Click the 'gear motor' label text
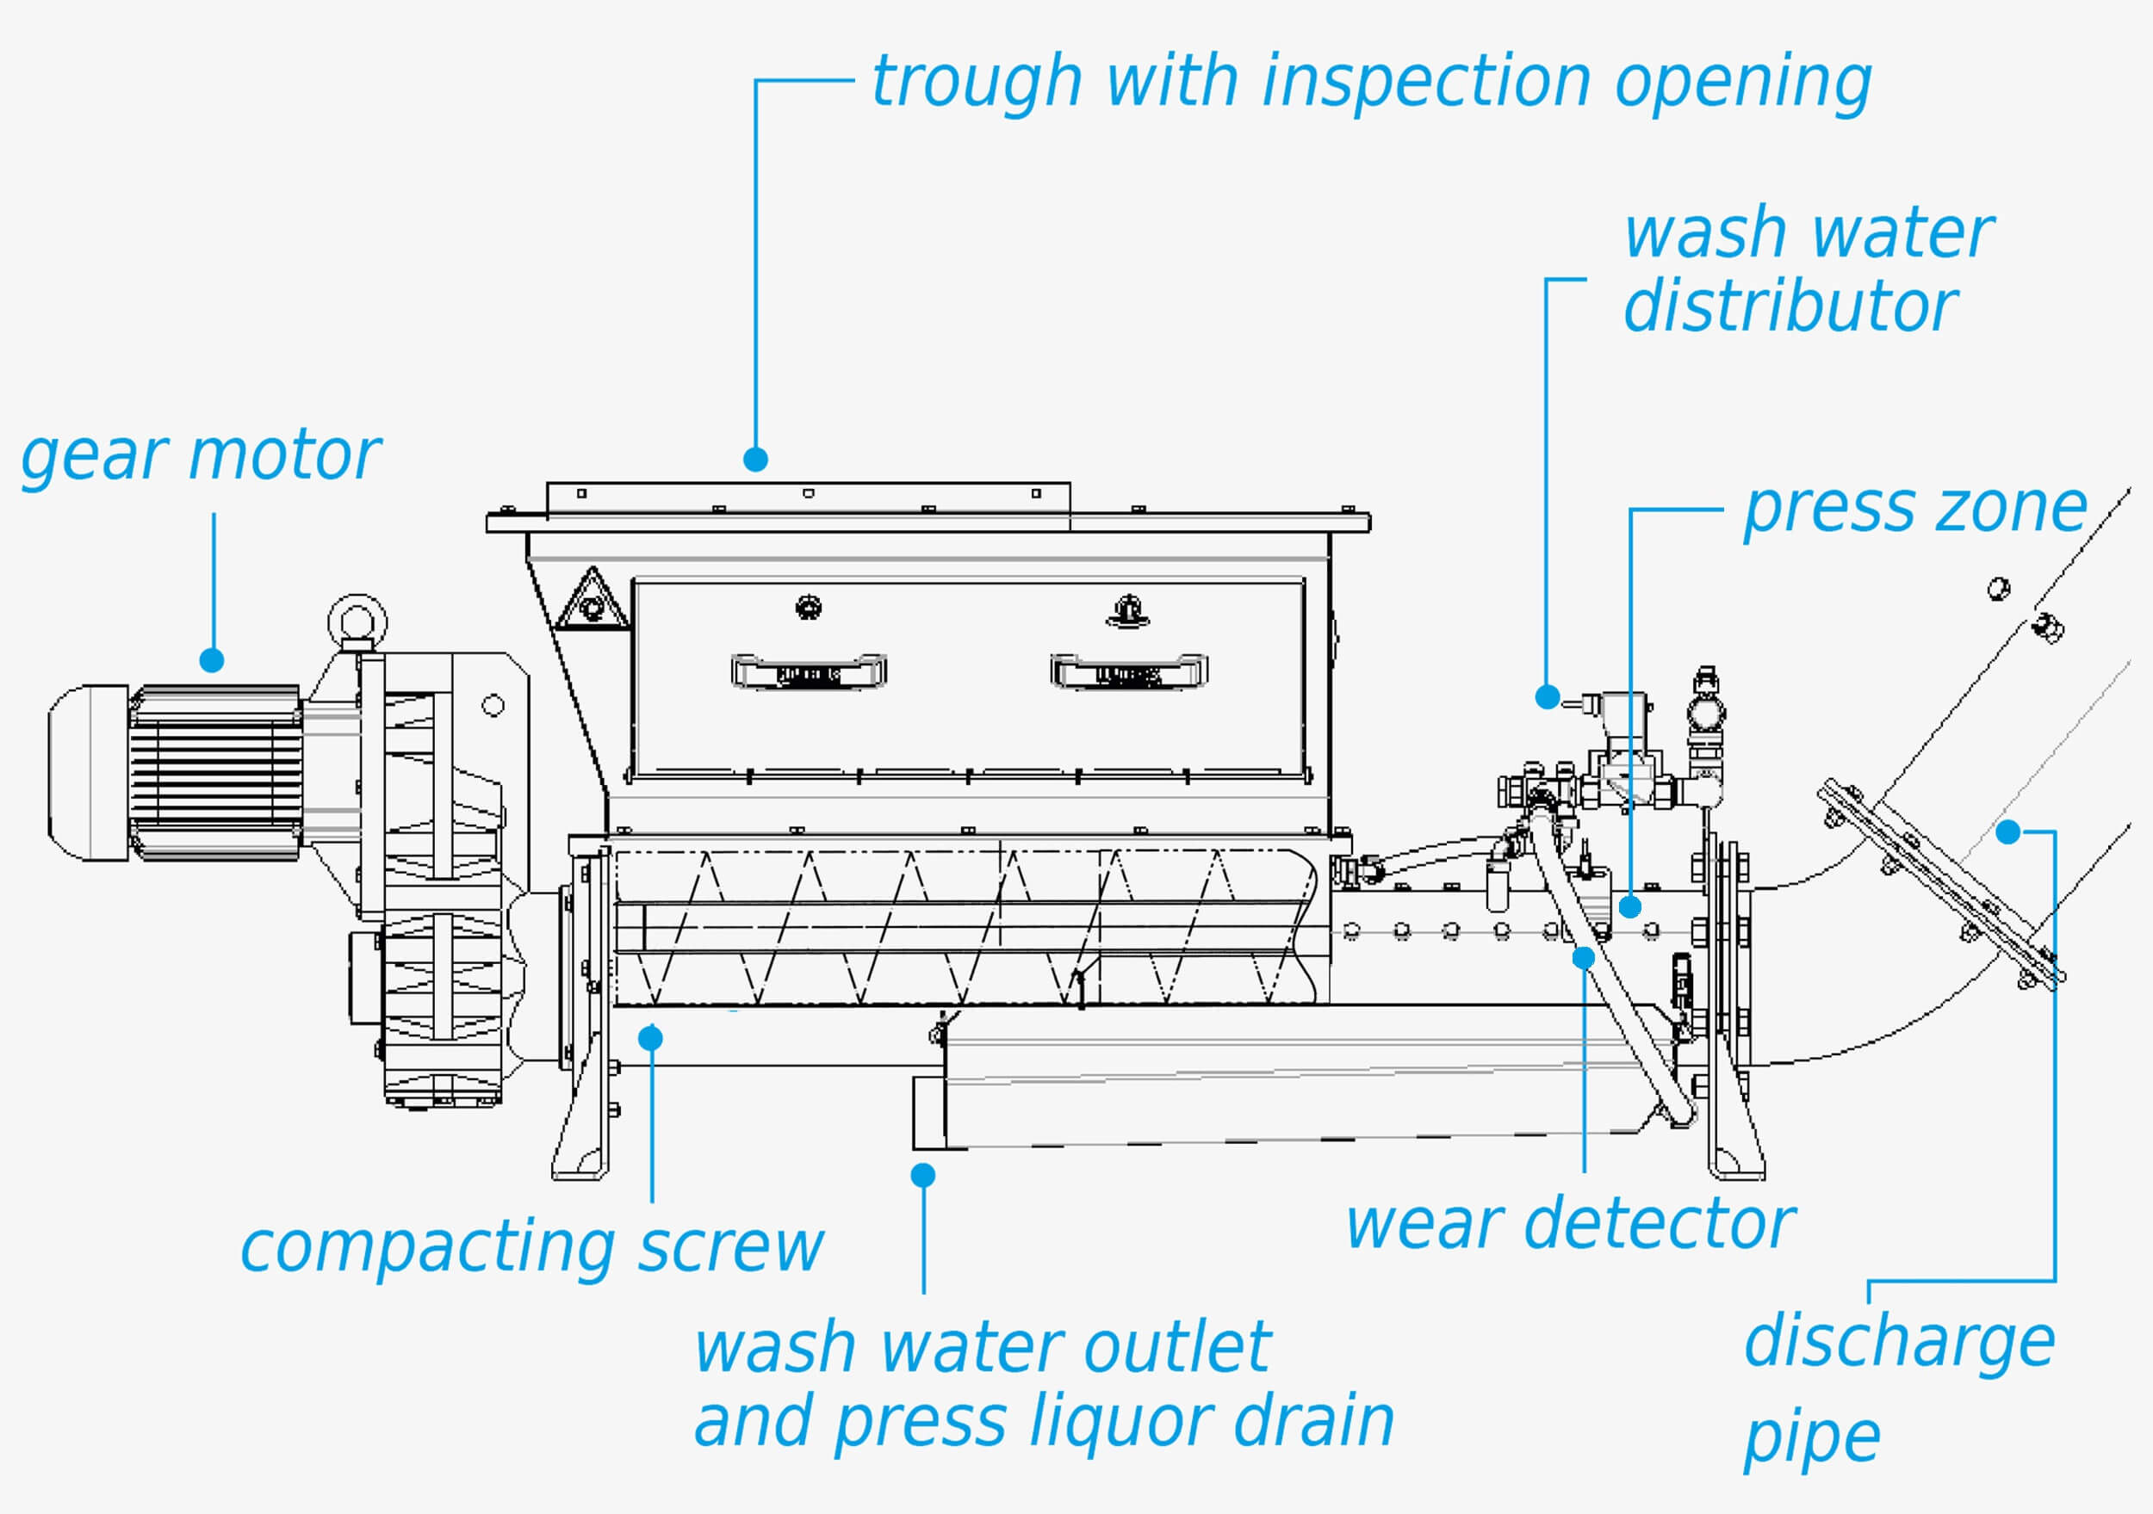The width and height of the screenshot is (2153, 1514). pyautogui.click(x=201, y=459)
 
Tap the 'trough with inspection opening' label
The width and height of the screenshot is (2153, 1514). pyautogui.click(x=1372, y=83)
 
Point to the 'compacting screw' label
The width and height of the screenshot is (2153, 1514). pyautogui.click(x=531, y=1250)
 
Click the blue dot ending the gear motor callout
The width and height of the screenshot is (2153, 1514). pyautogui.click(x=212, y=660)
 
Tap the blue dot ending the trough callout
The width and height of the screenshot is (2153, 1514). pyautogui.click(x=756, y=460)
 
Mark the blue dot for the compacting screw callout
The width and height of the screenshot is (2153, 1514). pyautogui.click(x=651, y=1038)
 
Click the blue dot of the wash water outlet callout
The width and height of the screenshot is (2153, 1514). pyautogui.click(x=924, y=1175)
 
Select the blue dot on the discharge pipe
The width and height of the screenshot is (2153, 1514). pyautogui.click(x=2007, y=831)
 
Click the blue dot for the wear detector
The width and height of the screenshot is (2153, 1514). pyautogui.click(x=1584, y=957)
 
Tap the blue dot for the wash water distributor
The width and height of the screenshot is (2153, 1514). pyautogui.click(x=1548, y=696)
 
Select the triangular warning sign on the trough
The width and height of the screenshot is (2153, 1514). pyautogui.click(x=593, y=599)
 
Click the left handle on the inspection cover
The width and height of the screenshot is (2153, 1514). pyautogui.click(x=810, y=671)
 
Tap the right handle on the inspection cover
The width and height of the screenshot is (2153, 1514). pyautogui.click(x=1129, y=671)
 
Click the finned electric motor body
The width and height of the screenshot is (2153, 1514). pyautogui.click(x=214, y=774)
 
